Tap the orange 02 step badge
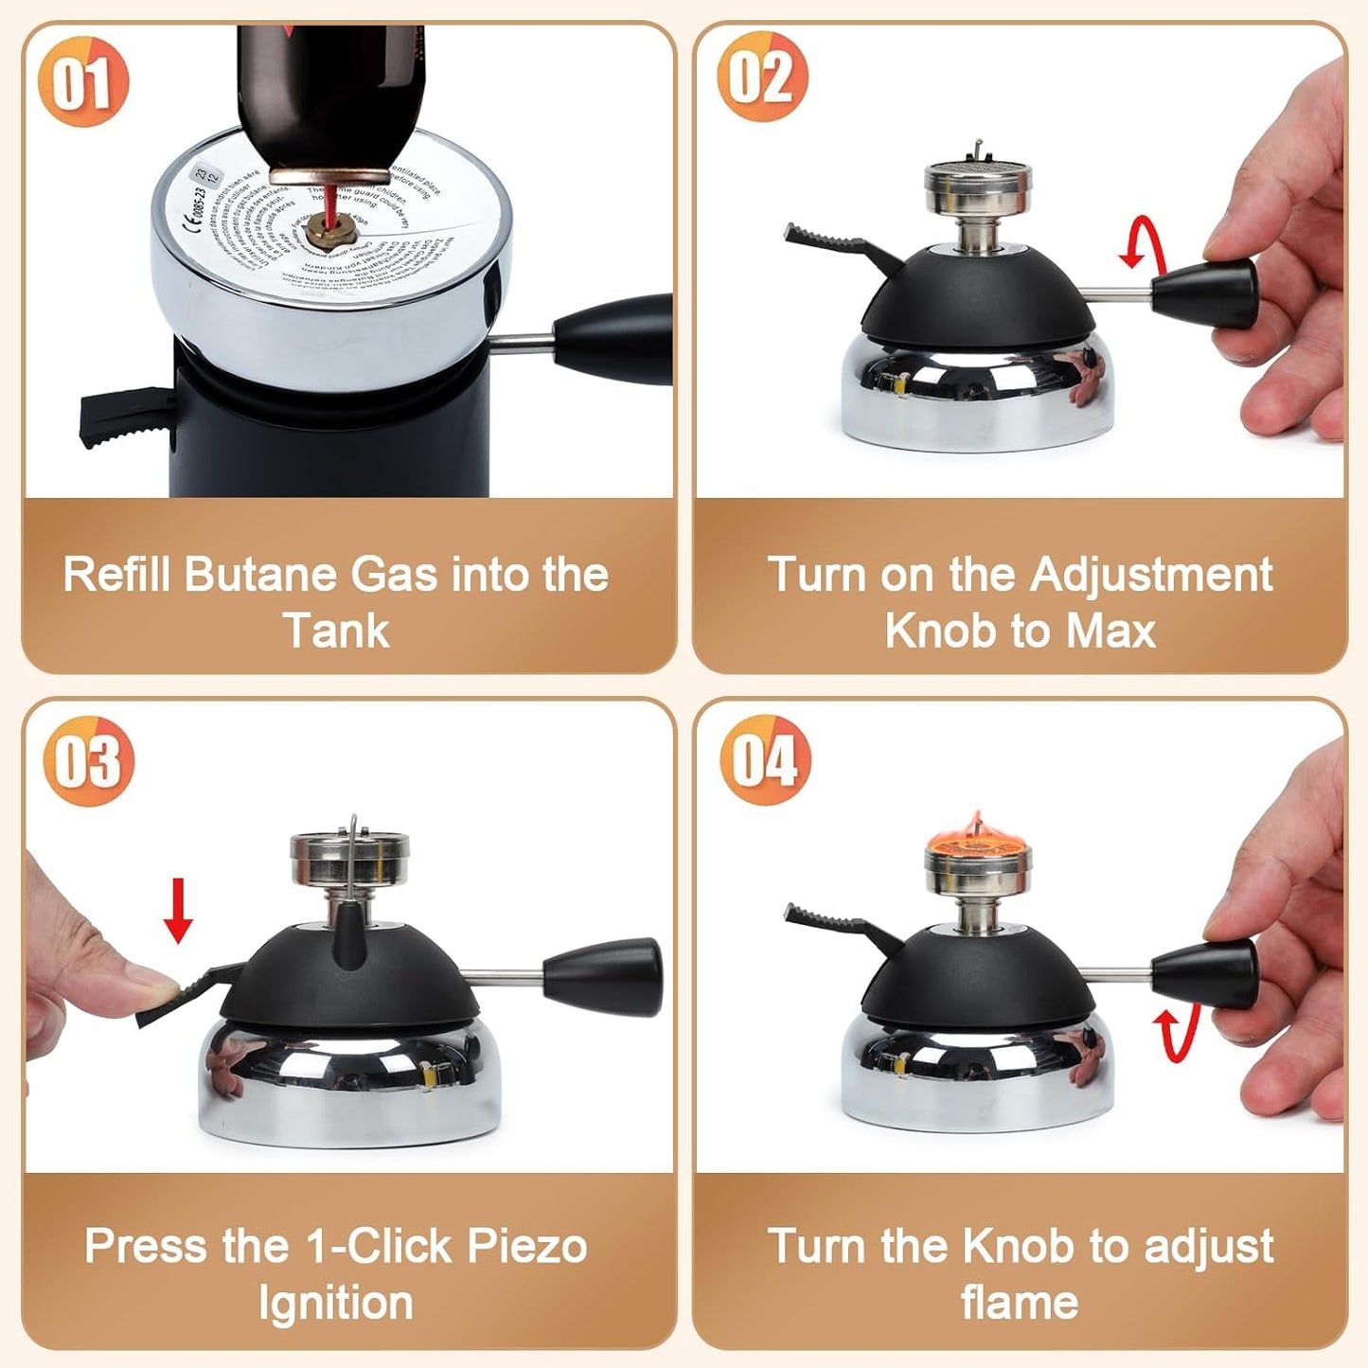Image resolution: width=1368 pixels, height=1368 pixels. pos(762,77)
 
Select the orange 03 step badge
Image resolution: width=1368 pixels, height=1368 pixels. pos(88,760)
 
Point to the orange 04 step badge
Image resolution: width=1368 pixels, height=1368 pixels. pos(764,759)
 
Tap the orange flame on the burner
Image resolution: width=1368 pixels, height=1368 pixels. pos(976,837)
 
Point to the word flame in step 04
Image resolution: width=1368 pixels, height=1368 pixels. pos(1020,1303)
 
